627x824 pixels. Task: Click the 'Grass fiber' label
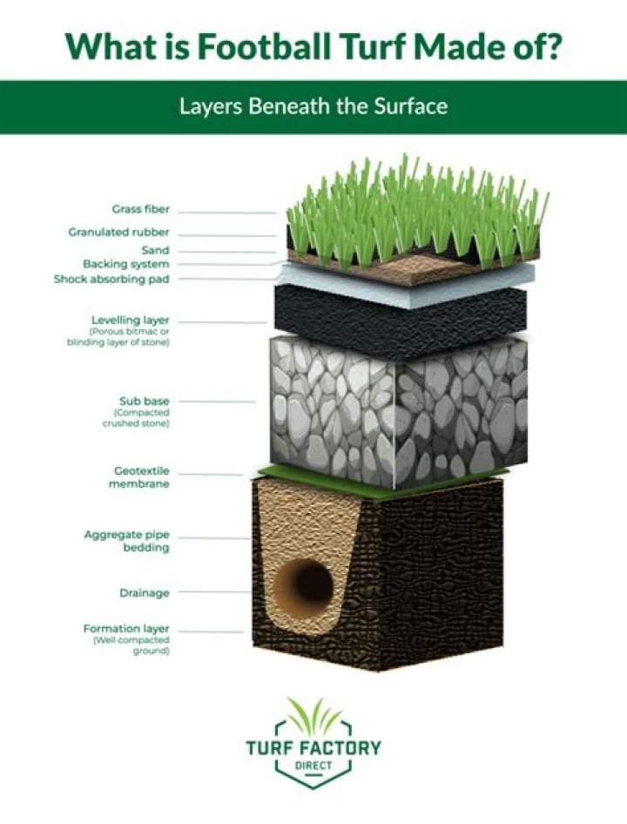tap(141, 209)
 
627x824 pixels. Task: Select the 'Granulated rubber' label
tap(118, 232)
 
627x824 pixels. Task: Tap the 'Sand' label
tap(156, 250)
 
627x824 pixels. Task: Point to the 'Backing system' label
tap(126, 264)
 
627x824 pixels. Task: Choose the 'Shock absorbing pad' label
tap(111, 279)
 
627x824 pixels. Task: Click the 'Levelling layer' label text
tap(131, 320)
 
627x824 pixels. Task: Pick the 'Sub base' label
tap(144, 401)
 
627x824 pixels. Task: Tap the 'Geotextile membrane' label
tap(139, 477)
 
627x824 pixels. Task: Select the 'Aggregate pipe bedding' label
tap(126, 541)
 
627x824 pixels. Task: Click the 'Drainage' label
tap(145, 593)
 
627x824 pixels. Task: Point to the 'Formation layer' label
tap(126, 629)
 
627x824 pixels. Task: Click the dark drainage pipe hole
tap(306, 584)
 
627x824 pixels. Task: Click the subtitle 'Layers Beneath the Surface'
tap(313, 106)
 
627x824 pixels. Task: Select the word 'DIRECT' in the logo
tap(313, 765)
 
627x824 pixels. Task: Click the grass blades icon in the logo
tap(313, 716)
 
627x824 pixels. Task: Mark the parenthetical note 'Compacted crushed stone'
tap(136, 418)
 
